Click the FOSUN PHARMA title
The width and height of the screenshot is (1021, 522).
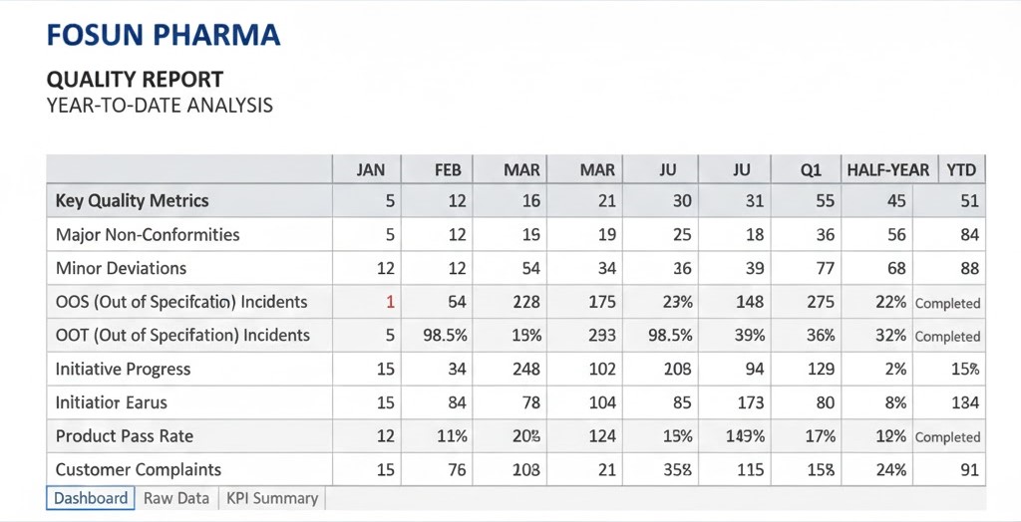[164, 36]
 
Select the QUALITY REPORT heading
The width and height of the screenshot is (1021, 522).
[135, 80]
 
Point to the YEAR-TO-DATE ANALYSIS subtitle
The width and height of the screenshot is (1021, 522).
[160, 105]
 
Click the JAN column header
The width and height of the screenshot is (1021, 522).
[370, 170]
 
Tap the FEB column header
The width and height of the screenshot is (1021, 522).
[448, 170]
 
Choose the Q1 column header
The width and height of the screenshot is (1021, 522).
[811, 170]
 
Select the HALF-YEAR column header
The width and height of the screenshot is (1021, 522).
[887, 170]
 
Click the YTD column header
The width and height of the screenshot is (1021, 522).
[961, 170]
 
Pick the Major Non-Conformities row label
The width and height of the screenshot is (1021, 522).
[148, 235]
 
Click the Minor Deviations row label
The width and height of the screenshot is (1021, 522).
[121, 268]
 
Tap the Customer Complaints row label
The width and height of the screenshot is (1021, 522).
[139, 469]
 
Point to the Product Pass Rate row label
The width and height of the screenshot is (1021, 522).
[125, 436]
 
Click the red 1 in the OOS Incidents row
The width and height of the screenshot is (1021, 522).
[390, 302]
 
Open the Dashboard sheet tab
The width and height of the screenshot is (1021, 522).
[91, 498]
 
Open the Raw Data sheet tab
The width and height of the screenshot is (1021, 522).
[176, 498]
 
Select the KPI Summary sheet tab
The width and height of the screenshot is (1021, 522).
[272, 498]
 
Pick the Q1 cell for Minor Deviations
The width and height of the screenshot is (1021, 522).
[821, 268]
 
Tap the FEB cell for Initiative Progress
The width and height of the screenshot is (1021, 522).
[457, 369]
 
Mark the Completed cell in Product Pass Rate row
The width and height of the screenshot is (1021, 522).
[947, 437]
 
